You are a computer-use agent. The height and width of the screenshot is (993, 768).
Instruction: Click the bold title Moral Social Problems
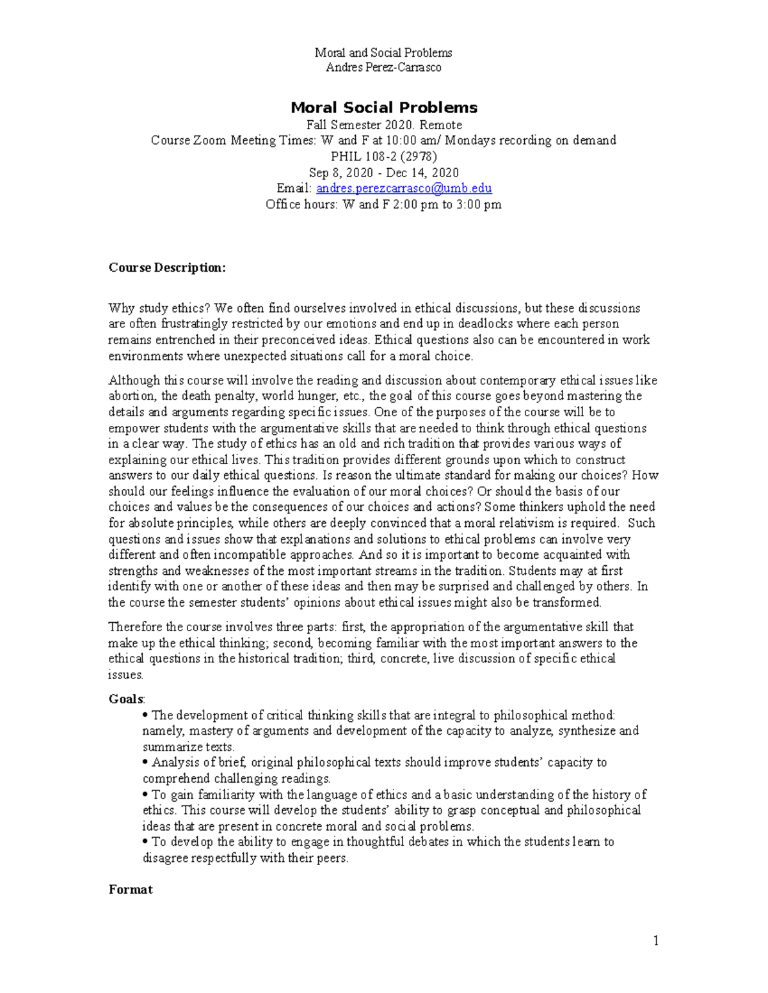click(x=384, y=107)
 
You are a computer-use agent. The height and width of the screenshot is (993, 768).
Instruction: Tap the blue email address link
click(x=404, y=188)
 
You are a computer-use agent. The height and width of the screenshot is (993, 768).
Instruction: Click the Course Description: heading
click(x=167, y=267)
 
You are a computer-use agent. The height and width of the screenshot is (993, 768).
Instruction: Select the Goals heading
click(x=126, y=699)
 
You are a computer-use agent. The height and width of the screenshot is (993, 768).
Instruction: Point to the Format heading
click(x=131, y=889)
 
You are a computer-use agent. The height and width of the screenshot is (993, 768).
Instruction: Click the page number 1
click(x=655, y=940)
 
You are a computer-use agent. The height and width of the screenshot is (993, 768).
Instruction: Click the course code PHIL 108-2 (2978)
click(x=384, y=156)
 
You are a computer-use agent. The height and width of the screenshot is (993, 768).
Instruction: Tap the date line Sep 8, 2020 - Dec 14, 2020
click(x=384, y=173)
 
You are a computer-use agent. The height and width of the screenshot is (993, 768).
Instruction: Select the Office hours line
click(x=384, y=205)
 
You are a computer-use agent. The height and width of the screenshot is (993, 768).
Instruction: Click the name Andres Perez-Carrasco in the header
click(x=383, y=68)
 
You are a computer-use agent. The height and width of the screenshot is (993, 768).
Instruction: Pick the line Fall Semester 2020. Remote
click(x=384, y=125)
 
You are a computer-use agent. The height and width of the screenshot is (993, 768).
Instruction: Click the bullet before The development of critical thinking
click(x=146, y=715)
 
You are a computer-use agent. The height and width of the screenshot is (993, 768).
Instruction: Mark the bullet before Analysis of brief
click(x=146, y=762)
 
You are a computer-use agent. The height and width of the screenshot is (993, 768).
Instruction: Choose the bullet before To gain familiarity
click(x=146, y=794)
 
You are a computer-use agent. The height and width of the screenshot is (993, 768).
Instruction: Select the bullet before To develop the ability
click(x=146, y=841)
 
